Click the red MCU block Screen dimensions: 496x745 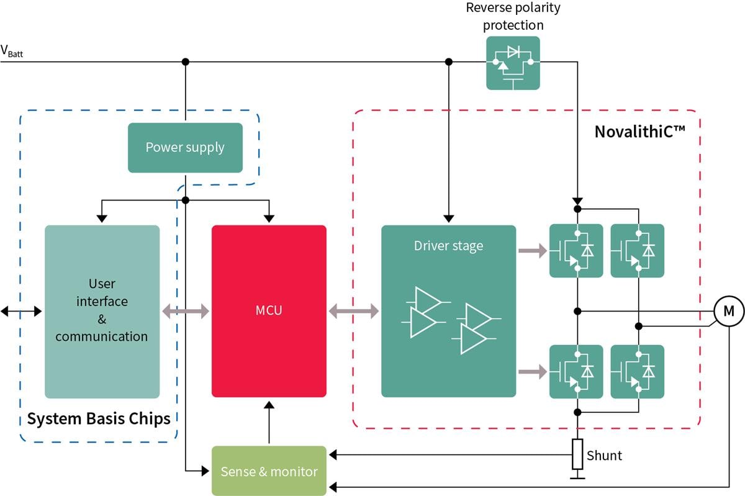tap(269, 310)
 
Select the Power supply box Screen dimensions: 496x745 tap(185, 148)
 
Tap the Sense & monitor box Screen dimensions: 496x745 tap(269, 471)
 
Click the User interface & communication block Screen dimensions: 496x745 tap(102, 310)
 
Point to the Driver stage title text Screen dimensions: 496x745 tap(448, 245)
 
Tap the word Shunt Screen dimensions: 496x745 tap(604, 456)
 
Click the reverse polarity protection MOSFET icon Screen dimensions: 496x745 tap(513, 63)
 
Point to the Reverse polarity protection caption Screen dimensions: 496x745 tap(513, 17)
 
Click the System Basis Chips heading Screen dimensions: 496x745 tap(99, 418)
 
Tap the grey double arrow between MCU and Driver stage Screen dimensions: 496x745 tap(353, 310)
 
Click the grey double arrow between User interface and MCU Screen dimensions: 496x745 tap(186, 310)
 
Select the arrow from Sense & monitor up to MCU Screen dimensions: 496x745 tap(269, 422)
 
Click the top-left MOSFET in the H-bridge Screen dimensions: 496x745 tap(576, 251)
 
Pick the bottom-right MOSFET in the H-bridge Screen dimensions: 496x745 tap(638, 371)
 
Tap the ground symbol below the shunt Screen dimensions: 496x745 tap(577, 476)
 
